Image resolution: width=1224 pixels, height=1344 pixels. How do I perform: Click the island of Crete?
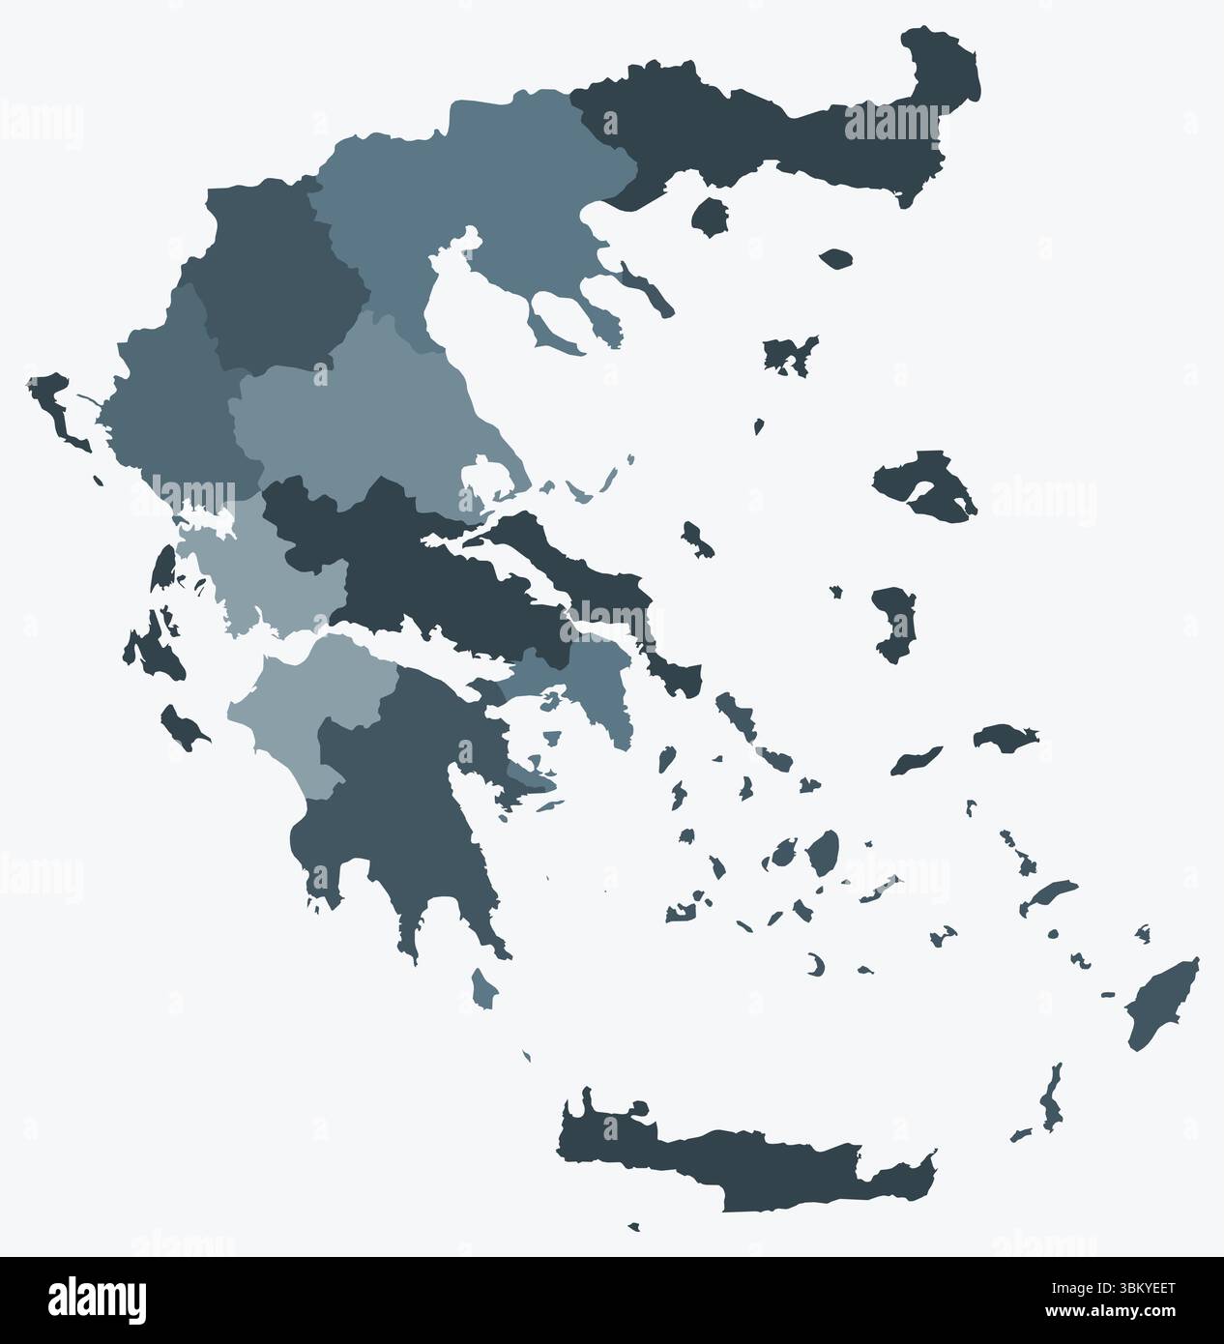click(735, 1160)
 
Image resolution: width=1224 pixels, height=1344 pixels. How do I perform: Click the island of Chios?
click(895, 624)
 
